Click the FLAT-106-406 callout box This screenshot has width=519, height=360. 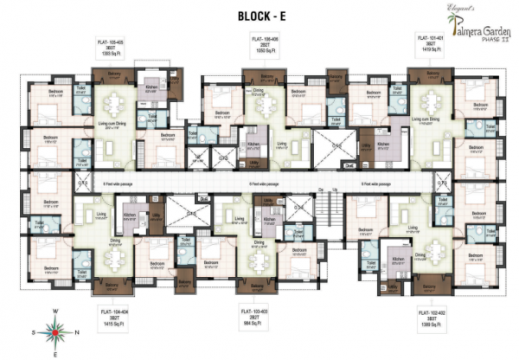pos(266,45)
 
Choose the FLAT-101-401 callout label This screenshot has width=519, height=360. pos(430,45)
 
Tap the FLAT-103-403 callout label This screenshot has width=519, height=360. pos(259,313)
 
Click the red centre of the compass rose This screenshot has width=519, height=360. pos(54,331)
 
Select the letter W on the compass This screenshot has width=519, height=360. pos(54,311)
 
